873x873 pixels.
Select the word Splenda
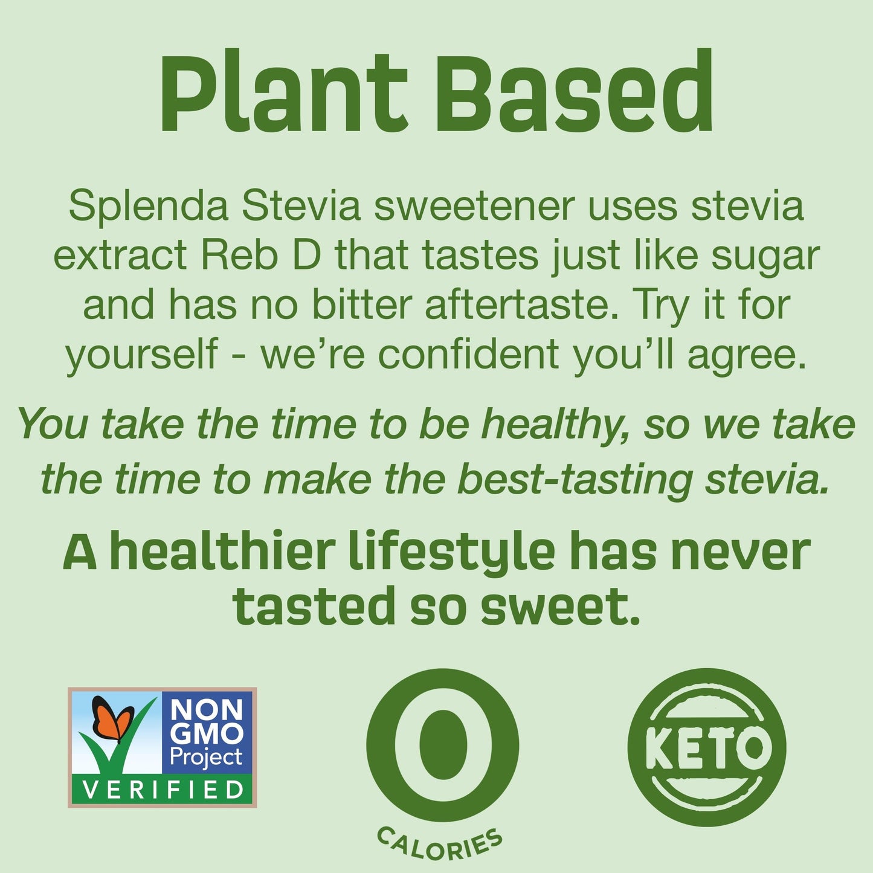148,206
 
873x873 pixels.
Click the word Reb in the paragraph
239,256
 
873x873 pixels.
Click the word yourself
141,355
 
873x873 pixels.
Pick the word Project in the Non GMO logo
206,757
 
